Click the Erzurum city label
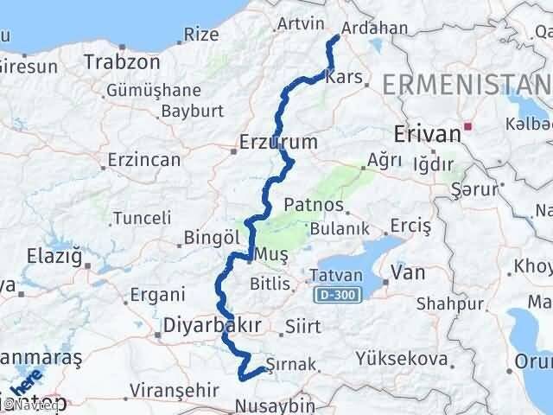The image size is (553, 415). coord(280,141)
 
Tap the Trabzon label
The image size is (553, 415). coord(123,62)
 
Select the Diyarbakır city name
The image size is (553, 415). coord(212,325)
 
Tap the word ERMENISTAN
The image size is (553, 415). coord(467,84)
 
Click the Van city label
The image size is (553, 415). coord(408,273)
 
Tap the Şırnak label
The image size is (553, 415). coord(296,364)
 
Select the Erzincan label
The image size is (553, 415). coord(144,160)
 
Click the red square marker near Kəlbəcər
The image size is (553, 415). coord(468,126)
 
